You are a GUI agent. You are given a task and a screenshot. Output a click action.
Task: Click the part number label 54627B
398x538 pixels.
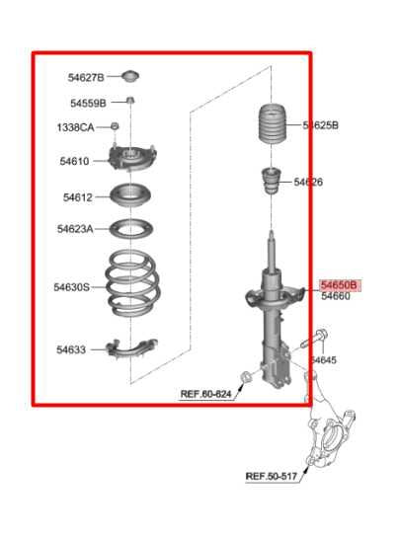click(x=86, y=78)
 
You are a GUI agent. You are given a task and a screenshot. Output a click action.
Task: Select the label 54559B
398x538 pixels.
click(x=88, y=103)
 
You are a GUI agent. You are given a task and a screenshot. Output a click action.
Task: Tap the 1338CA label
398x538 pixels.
click(x=75, y=127)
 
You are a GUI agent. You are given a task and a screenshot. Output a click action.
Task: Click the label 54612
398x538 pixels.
click(x=78, y=196)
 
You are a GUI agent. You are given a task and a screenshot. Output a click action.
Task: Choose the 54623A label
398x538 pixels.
click(x=75, y=229)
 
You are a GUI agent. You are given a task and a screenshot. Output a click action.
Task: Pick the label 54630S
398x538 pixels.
click(x=71, y=287)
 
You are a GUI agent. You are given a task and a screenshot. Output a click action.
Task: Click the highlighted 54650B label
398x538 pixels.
click(x=340, y=284)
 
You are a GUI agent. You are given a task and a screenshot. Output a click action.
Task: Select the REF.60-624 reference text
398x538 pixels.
click(x=205, y=394)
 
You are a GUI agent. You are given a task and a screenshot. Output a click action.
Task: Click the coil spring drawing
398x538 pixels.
click(x=132, y=285)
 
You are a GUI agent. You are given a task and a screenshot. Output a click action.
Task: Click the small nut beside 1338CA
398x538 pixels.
click(x=115, y=126)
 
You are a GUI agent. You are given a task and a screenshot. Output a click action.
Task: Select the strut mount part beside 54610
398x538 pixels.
click(x=130, y=158)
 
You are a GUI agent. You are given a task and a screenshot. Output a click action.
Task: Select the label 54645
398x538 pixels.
click(x=323, y=360)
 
